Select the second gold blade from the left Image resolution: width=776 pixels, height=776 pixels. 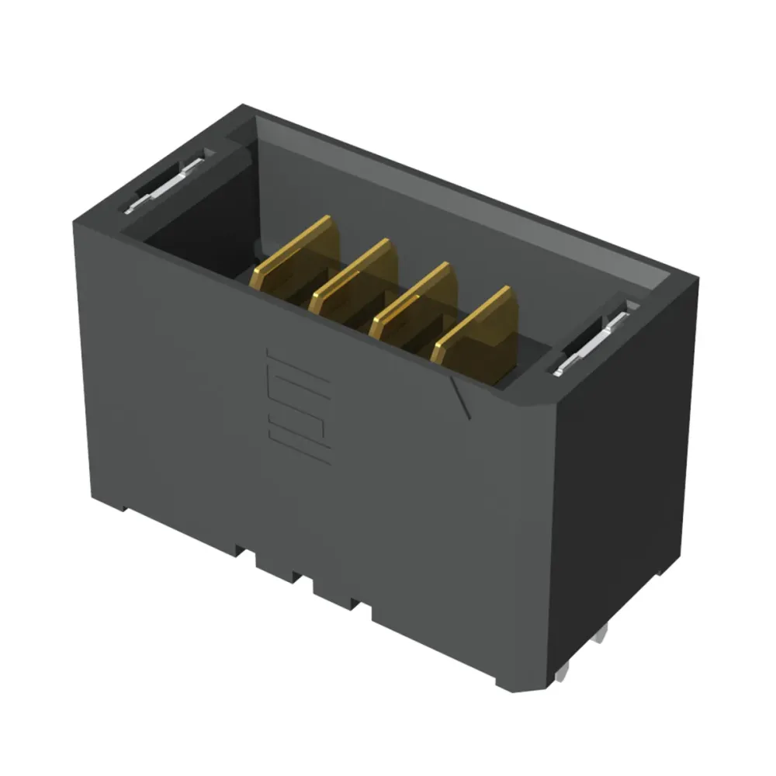point(355,281)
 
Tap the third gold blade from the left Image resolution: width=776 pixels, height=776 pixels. point(414,305)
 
